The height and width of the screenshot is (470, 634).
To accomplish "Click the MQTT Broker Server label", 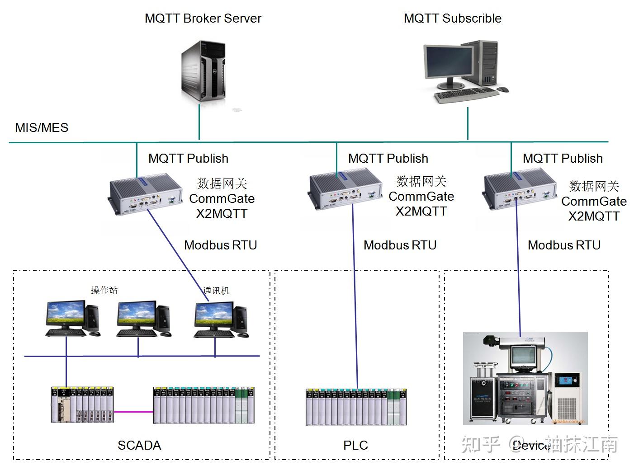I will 203,19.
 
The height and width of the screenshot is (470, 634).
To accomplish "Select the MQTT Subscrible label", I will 452,19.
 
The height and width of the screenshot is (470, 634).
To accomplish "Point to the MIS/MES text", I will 42,128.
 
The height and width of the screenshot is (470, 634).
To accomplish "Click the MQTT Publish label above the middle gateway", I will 388,159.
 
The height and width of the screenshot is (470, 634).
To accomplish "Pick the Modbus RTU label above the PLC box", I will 400,245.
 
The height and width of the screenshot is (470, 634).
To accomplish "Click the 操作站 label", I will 104,290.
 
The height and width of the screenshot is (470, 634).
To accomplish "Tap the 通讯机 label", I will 216,291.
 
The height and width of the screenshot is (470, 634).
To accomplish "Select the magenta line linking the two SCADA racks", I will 133,412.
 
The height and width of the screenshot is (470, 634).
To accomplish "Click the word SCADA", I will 139,446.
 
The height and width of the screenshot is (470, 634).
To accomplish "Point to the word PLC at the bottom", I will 355,446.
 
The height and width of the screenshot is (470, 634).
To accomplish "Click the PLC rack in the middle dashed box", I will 356,407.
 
